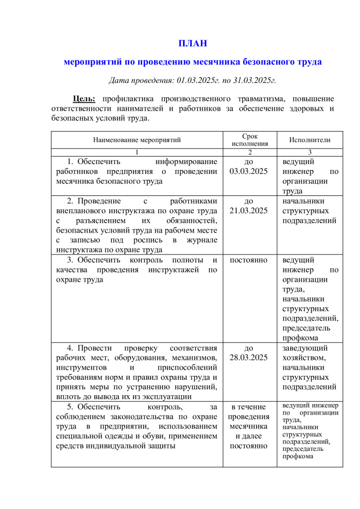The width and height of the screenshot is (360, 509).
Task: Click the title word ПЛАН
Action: pos(192,43)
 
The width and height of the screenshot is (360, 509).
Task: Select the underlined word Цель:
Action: pos(84,98)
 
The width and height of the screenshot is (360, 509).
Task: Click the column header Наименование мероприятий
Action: pos(137,140)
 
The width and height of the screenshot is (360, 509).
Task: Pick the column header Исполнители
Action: pos(310,140)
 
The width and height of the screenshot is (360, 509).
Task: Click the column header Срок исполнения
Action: pos(250,140)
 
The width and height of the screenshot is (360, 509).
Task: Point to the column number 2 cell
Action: pos(250,152)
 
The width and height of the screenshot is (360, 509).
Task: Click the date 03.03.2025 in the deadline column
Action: pos(249,171)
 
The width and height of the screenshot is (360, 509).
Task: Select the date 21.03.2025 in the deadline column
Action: pos(249,211)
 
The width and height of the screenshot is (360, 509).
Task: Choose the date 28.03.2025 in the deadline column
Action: pos(249,357)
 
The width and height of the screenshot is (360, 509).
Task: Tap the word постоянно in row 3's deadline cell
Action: pos(249,260)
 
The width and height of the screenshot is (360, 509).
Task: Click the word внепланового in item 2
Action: pos(79,211)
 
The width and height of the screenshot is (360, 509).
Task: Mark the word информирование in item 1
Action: pos(186,162)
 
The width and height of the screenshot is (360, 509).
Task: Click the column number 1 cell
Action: pos(137,152)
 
